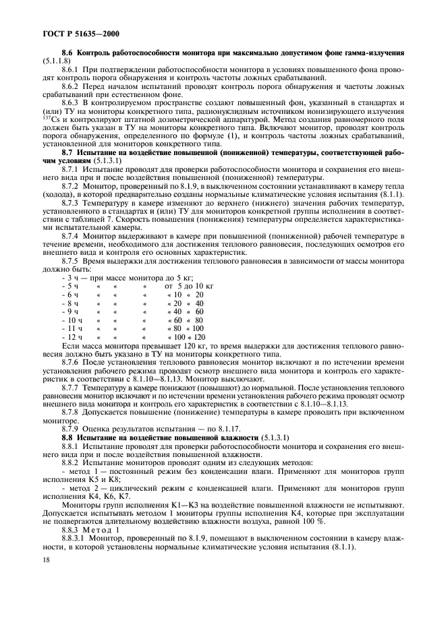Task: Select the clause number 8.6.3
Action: pos(72,102)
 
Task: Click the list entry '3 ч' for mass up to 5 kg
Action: pos(70,277)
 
